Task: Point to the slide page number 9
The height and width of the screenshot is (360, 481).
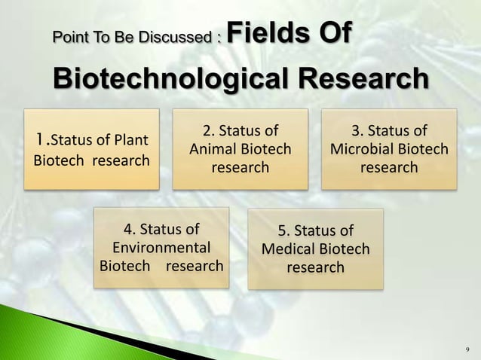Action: [x=467, y=349]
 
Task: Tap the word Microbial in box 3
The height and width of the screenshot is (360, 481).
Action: [x=362, y=149]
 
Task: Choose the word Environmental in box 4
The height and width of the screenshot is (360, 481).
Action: [x=161, y=247]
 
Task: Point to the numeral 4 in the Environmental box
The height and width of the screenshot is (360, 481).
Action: [x=128, y=229]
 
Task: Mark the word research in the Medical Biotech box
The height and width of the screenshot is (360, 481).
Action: [x=315, y=267]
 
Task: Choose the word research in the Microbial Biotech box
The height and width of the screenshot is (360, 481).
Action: [x=388, y=167]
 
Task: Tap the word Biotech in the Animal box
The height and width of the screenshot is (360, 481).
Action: [x=265, y=149]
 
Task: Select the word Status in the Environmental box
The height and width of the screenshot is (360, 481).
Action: [x=169, y=229]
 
